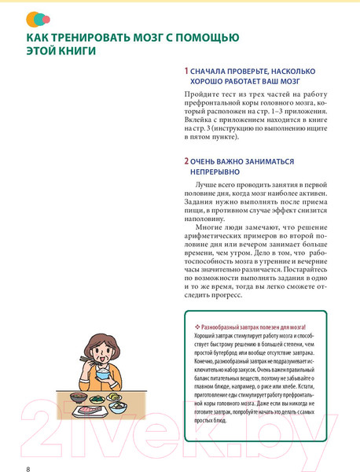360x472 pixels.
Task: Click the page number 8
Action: tap(28, 448)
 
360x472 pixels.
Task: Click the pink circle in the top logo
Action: tap(46, 17)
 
